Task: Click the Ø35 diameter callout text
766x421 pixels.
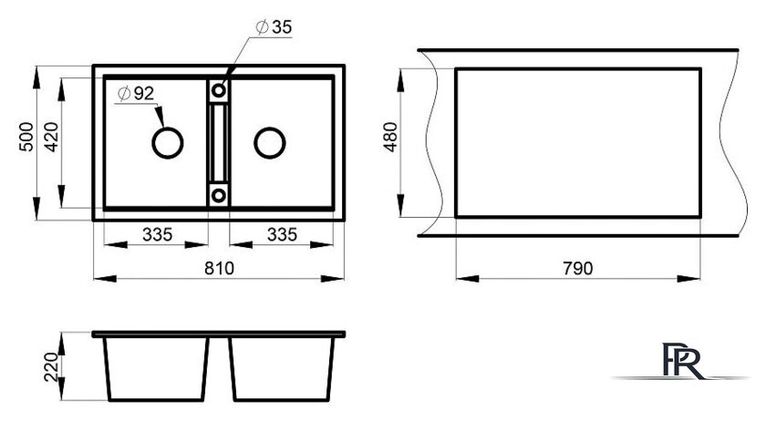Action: point(274,26)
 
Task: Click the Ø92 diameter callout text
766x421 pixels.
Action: point(136,93)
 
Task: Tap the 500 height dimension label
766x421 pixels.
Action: point(26,137)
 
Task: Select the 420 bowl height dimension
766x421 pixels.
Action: point(51,137)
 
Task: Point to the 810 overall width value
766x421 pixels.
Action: point(220,268)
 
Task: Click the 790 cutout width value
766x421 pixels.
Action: point(577,268)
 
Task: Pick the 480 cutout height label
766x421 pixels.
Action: point(391,137)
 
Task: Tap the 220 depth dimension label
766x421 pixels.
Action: point(51,367)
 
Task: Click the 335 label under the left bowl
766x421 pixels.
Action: point(157,234)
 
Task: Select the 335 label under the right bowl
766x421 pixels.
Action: point(282,234)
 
